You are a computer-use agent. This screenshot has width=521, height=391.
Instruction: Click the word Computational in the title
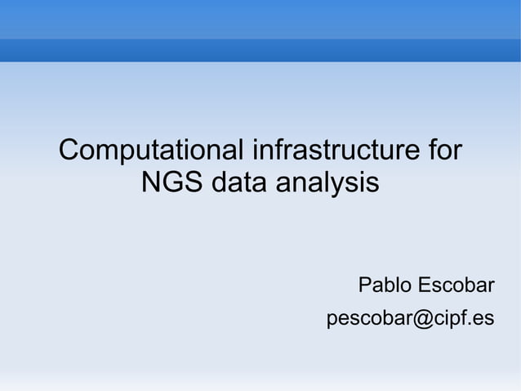152,151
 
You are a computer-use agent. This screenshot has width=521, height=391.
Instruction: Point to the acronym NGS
172,182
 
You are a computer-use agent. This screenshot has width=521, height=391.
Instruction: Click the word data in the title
239,182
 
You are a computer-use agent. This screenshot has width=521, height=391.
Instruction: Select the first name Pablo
385,285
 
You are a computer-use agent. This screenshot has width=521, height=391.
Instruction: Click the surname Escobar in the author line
456,285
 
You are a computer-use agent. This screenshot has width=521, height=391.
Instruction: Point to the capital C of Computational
69,151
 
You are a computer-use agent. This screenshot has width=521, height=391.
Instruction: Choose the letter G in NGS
173,182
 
